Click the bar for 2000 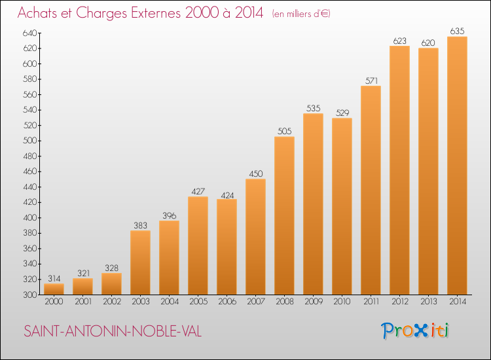54,289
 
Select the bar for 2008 284,216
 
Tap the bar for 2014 457,166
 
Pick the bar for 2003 140,262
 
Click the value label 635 457,31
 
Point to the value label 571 371,81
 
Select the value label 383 140,225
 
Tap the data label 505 284,131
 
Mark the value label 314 54,279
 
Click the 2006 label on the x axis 227,302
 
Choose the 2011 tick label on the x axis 371,302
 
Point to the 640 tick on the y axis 29,33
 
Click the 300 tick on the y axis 29,295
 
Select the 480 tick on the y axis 29,156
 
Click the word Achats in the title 37,13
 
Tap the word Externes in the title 156,13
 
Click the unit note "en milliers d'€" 301,14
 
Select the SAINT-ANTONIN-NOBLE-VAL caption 113,331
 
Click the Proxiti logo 415,331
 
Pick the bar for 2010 342,206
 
